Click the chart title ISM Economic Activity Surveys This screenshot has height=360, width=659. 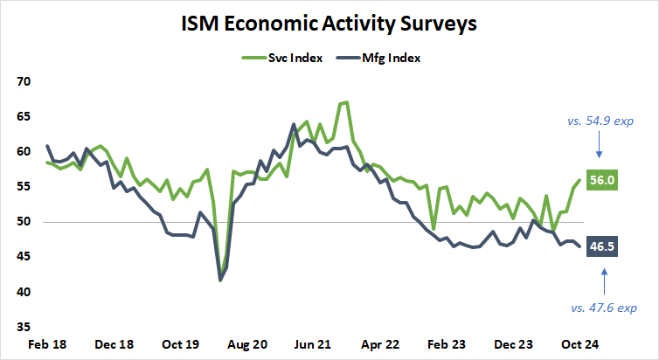(x=329, y=24)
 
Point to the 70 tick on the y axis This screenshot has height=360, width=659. (x=24, y=81)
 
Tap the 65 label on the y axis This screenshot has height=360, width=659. (x=24, y=116)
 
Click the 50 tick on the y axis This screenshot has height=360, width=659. (x=24, y=222)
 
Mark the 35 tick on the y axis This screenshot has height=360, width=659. (x=24, y=327)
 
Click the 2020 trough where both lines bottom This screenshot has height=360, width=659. (x=220, y=279)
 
